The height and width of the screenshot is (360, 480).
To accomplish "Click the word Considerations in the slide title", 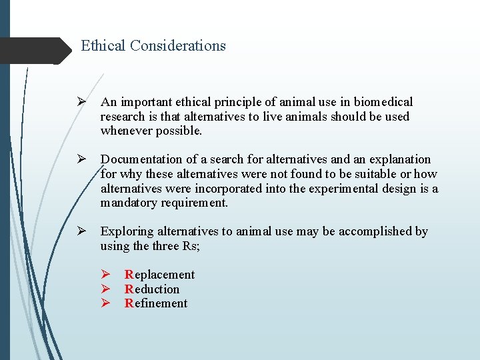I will [178, 46].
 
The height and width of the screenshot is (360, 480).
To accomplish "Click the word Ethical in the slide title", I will [103, 46].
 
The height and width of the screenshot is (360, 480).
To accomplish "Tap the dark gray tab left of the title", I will [33, 51].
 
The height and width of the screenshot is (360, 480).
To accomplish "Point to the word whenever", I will [127, 131].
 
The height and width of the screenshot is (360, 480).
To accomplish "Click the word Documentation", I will [141, 159].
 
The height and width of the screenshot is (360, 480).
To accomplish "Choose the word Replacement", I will [159, 275].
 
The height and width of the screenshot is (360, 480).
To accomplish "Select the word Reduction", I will [152, 289].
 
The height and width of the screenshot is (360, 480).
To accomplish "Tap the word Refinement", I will [156, 303].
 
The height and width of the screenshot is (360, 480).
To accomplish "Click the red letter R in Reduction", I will [129, 289].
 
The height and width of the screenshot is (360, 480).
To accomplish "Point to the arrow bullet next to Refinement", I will [105, 303].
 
